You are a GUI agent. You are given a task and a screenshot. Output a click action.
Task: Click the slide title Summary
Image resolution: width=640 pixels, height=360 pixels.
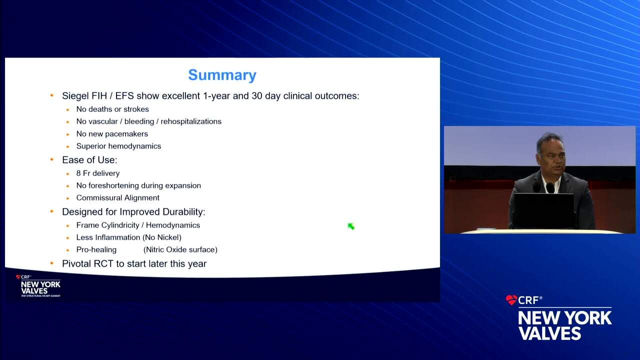click(222, 75)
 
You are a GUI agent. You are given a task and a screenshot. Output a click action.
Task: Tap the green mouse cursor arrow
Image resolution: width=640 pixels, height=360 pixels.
click(351, 226)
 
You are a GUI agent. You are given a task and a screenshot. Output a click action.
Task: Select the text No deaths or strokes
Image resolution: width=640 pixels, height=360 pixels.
click(112, 109)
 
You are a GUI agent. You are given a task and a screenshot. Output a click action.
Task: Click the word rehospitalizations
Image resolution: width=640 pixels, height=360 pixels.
click(191, 121)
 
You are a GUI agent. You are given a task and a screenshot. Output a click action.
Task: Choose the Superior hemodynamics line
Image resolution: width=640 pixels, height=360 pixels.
click(118, 146)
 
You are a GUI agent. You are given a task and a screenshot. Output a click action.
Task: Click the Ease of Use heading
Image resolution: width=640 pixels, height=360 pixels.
click(89, 160)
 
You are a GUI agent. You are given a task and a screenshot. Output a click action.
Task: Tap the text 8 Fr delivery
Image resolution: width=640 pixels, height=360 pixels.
click(98, 173)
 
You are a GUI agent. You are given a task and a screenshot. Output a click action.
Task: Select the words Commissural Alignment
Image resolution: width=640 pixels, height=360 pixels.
click(117, 197)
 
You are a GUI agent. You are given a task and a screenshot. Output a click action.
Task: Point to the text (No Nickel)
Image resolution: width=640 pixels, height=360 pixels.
click(161, 237)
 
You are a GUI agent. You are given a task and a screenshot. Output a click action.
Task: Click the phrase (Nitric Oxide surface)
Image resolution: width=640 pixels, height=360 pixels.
click(180, 249)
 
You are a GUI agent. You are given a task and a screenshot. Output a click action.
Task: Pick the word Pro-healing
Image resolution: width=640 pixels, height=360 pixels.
click(96, 249)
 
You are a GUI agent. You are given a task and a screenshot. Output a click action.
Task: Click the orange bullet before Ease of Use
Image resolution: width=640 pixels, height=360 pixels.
click(51, 159)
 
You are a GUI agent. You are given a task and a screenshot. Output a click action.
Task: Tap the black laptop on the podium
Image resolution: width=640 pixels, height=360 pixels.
click(543, 210)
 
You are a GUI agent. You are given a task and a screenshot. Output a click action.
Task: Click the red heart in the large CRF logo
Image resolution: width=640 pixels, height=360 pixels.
click(511, 300)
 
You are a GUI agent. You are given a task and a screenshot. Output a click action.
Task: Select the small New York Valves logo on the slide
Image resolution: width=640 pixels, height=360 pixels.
click(38, 285)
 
